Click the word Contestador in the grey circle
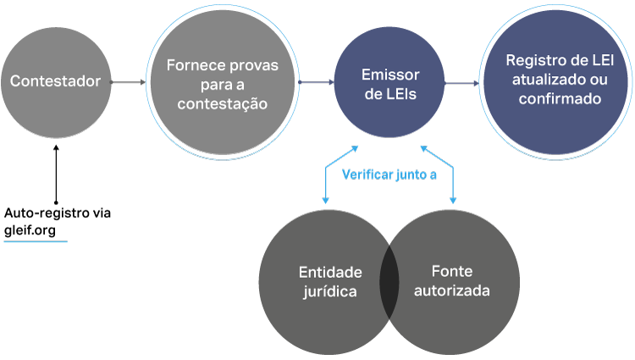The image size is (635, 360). tap(56, 81)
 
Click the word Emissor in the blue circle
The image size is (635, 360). tap(390, 75)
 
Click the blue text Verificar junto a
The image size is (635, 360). tap(389, 175)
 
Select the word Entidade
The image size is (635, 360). tap(330, 273)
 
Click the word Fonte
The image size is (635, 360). tap(452, 272)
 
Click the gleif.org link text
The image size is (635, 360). tap(36, 230)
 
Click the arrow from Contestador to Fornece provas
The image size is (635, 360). tap(128, 82)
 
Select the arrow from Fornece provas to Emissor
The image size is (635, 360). tap(315, 82)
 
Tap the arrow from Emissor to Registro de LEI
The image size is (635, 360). tap(461, 83)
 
